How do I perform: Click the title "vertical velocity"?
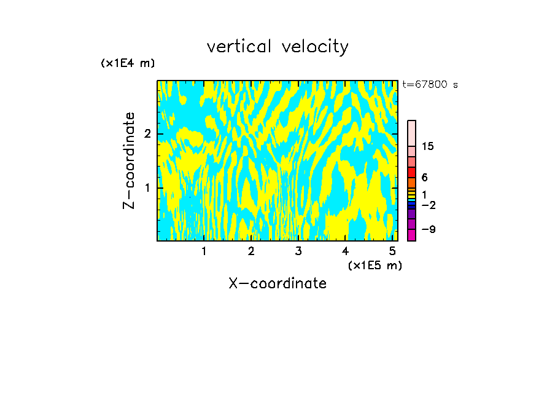[x=277, y=47]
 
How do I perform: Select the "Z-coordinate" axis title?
[x=129, y=160]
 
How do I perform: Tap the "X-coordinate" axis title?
[x=277, y=283]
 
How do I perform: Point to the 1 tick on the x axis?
[x=204, y=251]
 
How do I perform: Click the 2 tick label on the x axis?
[x=251, y=251]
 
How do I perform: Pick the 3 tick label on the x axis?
[x=298, y=251]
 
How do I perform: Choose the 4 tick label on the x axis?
[x=346, y=251]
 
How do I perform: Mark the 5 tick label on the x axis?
[x=392, y=251]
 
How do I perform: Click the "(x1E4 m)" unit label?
[x=128, y=63]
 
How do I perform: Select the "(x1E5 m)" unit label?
[x=375, y=265]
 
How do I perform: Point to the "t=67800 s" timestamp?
[x=430, y=85]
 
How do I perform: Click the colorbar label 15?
[x=428, y=146]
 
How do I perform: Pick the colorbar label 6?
[x=424, y=178]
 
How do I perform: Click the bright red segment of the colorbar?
[x=411, y=172]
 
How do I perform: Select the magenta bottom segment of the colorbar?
[x=411, y=235]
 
